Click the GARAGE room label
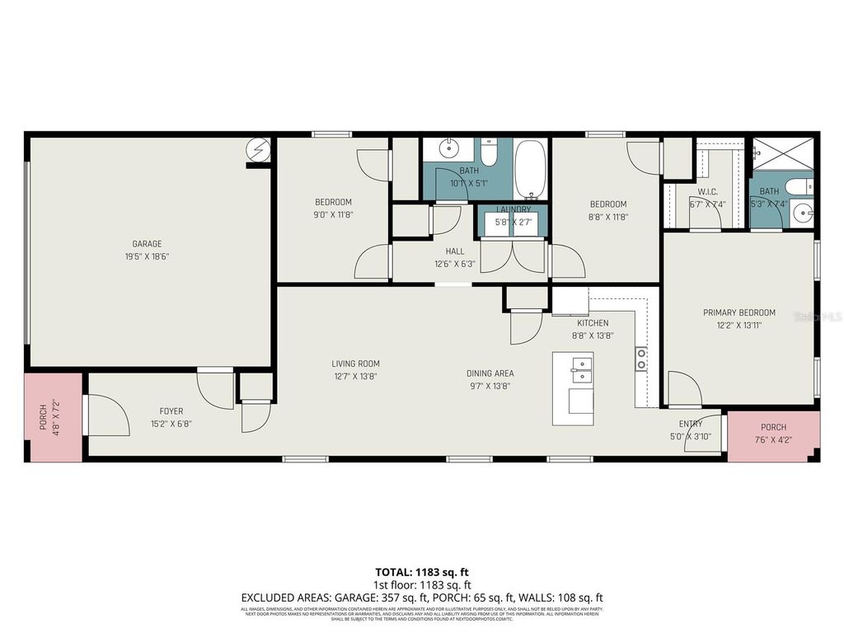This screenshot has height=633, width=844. click(x=147, y=244)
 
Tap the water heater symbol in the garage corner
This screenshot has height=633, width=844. click(x=260, y=150)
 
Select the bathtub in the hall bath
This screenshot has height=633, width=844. click(x=530, y=169)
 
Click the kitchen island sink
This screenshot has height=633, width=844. click(x=581, y=370)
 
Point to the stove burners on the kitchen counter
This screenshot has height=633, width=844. click(x=640, y=359)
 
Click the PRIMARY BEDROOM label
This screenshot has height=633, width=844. click(x=738, y=312)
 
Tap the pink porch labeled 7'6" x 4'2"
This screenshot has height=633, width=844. click(x=773, y=433)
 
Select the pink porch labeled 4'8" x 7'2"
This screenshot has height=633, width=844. click(x=51, y=417)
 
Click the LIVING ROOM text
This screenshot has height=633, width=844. click(x=355, y=363)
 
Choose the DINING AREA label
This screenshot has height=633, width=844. click(x=490, y=373)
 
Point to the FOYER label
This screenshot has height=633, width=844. click(x=171, y=411)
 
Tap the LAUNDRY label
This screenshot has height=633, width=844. click(x=513, y=210)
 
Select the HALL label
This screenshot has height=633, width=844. click(x=455, y=251)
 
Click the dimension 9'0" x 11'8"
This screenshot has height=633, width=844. click(x=333, y=214)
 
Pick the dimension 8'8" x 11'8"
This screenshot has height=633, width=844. click(x=607, y=216)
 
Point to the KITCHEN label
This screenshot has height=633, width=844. click(x=592, y=323)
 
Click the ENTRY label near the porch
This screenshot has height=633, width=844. click(x=690, y=424)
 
